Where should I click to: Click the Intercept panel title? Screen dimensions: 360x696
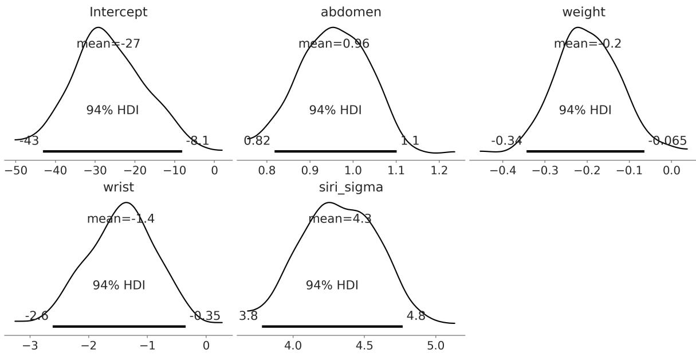118,12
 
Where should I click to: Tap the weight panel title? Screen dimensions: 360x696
583,12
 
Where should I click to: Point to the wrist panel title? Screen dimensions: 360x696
118,187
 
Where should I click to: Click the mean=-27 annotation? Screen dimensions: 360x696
108,43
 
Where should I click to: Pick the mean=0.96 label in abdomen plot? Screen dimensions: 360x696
334,43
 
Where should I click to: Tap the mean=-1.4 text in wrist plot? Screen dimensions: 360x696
120,218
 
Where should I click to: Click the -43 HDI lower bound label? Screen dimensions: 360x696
29,140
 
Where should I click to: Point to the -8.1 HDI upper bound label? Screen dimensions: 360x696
198,140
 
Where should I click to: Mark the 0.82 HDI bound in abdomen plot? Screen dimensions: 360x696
257,140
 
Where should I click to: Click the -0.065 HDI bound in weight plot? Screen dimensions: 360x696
667,140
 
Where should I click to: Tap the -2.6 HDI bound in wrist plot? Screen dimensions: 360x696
37,316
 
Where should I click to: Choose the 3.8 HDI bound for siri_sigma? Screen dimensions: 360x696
249,316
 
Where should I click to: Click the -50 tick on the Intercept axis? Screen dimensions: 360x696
17,171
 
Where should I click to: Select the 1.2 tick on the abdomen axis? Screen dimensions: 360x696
439,171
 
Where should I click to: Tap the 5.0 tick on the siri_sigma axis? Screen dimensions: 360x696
435,346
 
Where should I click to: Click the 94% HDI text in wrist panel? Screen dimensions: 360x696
119,285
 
